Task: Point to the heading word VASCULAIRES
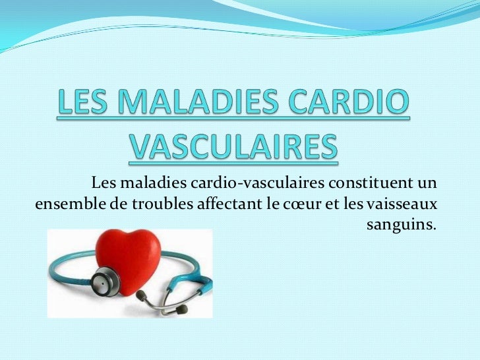pos(232,149)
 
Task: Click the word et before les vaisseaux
pos(330,204)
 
